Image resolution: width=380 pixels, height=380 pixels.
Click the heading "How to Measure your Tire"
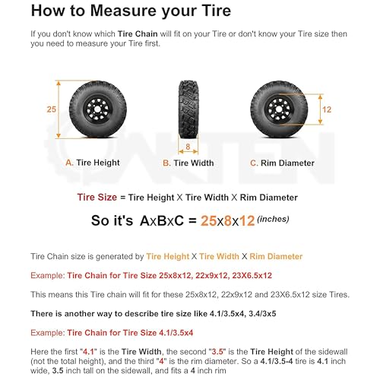(131, 11)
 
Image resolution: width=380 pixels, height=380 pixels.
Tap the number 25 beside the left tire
(51, 109)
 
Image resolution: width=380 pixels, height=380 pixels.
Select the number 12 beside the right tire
(327, 109)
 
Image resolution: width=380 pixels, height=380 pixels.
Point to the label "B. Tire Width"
(188, 163)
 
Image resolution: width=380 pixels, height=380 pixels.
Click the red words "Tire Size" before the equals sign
(98, 197)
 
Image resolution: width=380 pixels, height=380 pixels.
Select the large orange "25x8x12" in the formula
(226, 222)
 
